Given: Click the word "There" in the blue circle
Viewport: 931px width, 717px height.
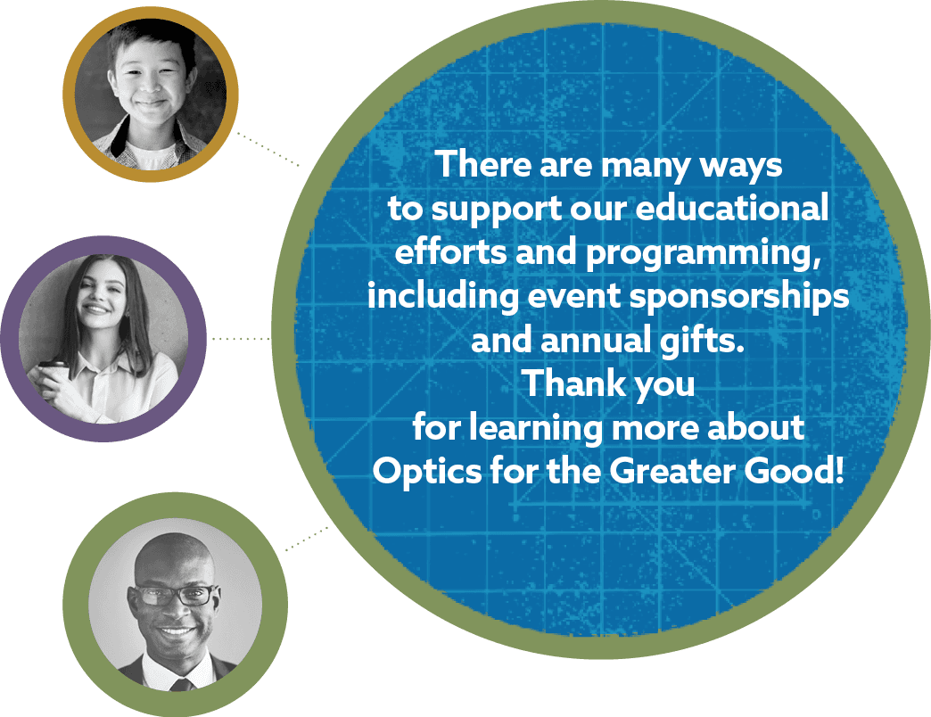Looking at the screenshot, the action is pyautogui.click(x=482, y=164).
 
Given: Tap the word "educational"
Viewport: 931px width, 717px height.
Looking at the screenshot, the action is pyautogui.click(x=731, y=208).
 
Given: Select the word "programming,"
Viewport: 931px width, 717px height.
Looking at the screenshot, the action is pyautogui.click(x=704, y=253).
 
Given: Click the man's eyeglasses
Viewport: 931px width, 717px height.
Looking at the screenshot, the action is pyautogui.click(x=173, y=595).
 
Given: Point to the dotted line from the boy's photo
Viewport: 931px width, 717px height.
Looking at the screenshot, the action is pyautogui.click(x=268, y=149).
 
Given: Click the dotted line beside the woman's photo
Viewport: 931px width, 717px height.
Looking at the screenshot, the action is pyautogui.click(x=241, y=339).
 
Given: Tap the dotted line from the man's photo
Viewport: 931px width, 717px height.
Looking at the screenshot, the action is pyautogui.click(x=307, y=539).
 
